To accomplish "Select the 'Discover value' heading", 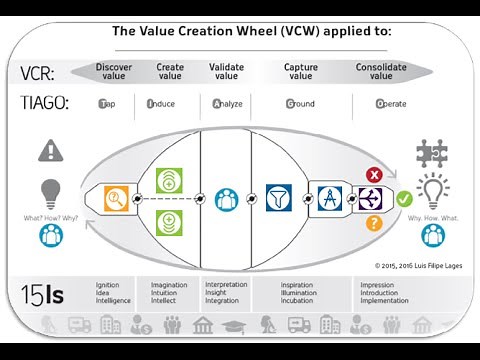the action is pos(114,72).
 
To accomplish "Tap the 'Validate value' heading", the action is pos(227,72).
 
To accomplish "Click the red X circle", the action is pos(375,174).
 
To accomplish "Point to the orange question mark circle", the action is pos(375,223).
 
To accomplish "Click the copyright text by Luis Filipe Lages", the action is pos(415,266).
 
